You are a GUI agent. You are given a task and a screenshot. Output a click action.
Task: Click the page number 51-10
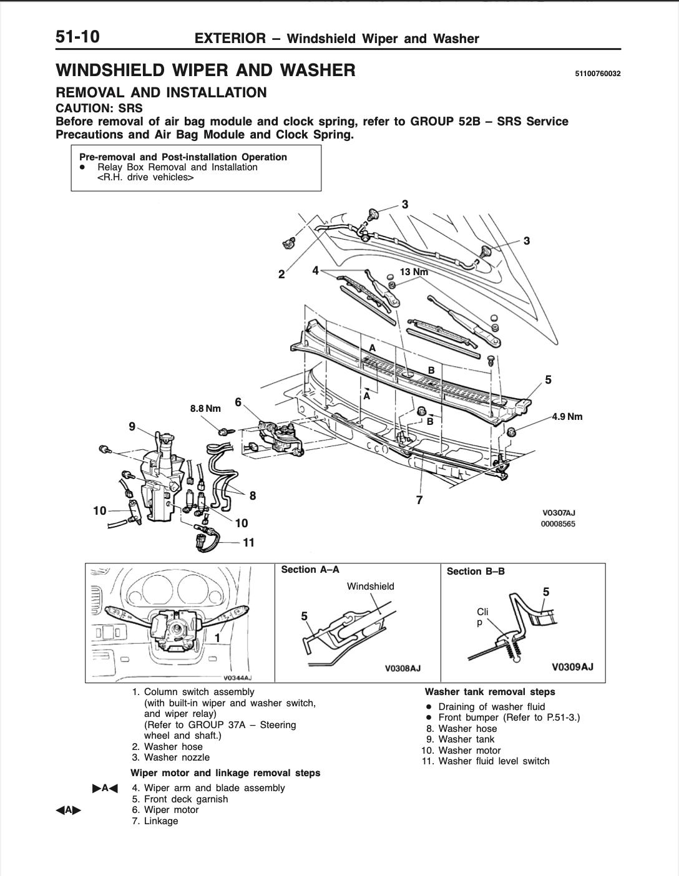point(77,37)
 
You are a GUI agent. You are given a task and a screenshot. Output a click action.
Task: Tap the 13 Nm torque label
point(414,272)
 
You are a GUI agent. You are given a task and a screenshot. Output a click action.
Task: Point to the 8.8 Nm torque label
point(205,409)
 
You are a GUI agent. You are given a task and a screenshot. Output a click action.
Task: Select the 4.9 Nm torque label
point(567,417)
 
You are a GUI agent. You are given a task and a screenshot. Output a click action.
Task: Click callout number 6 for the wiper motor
point(238,402)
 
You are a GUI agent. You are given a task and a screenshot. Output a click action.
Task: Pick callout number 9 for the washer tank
point(132,427)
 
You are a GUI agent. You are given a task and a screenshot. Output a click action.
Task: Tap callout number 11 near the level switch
point(248,543)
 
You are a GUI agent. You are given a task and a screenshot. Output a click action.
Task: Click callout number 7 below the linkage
point(419,500)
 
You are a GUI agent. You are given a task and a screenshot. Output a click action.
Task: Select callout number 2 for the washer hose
point(281,275)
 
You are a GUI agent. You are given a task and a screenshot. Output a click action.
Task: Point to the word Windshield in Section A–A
point(371,586)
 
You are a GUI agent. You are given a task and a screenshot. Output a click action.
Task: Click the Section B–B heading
point(476,572)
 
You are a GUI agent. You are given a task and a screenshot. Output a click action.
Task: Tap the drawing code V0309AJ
point(572,667)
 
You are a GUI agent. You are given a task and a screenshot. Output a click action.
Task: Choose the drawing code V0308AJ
point(403,668)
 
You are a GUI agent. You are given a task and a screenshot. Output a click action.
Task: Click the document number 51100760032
point(597,74)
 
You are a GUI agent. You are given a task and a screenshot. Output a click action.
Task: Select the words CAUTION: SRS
point(99,108)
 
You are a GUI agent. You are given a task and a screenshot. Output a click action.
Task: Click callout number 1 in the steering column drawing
point(217,638)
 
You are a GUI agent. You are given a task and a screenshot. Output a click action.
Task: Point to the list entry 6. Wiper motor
point(165,810)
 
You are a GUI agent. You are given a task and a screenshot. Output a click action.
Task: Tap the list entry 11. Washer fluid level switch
point(486,761)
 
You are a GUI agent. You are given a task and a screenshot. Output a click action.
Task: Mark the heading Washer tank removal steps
point(490,692)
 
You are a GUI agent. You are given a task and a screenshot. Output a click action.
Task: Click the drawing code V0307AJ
point(559,513)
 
